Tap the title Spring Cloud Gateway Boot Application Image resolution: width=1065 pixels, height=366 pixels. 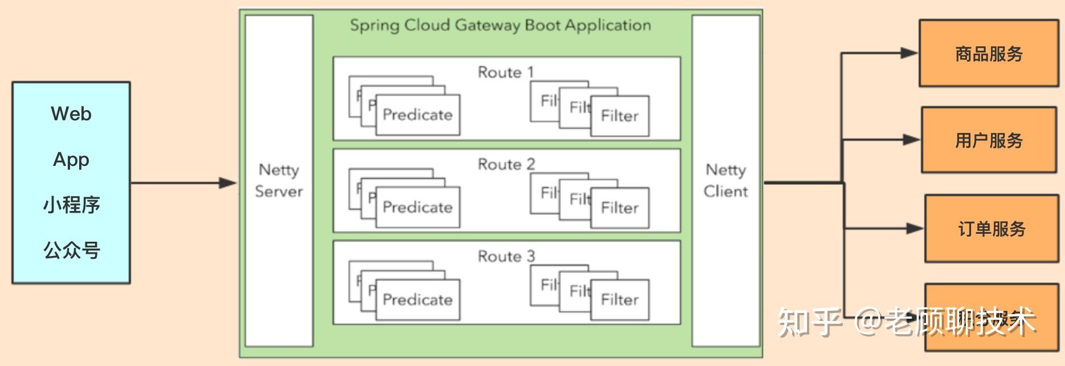point(500,26)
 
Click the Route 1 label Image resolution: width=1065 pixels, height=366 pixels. point(506,72)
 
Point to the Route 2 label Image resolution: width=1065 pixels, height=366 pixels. point(506,164)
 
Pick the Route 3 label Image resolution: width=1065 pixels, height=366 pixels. point(506,257)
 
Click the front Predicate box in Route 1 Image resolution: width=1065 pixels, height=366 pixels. point(417,115)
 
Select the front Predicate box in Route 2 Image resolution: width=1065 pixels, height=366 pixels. point(417,208)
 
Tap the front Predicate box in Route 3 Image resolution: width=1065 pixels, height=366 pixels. point(417,300)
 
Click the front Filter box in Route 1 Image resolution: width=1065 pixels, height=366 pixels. point(620,116)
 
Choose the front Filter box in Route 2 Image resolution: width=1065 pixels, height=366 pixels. point(620,208)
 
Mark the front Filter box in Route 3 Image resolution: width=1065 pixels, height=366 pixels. point(620,300)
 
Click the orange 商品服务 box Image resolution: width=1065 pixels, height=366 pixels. point(989,54)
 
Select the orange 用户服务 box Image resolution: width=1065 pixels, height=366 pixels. point(989,140)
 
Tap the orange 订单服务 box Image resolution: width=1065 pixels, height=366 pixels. point(992,229)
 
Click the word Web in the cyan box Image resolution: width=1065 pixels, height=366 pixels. point(71,114)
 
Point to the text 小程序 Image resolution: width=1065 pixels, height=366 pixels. point(71,205)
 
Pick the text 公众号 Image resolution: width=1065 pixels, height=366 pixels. point(71,250)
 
